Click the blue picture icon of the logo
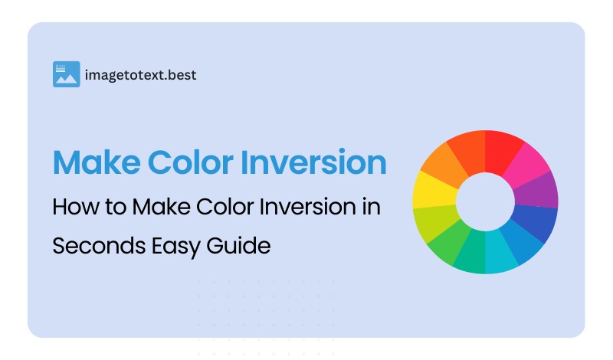[x=67, y=74]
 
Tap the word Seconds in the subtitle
[x=90, y=246]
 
